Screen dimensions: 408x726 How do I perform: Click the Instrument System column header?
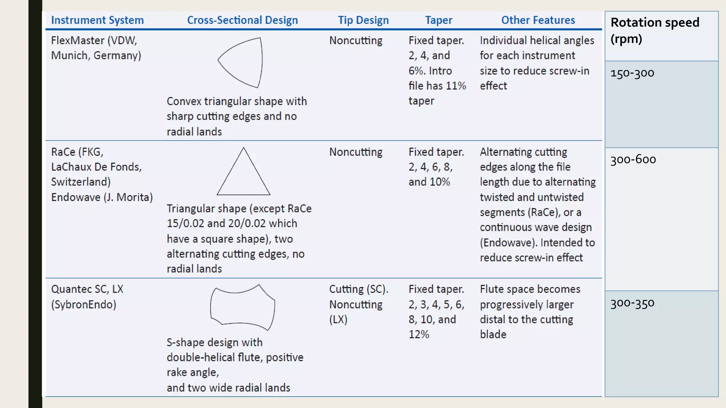(97, 20)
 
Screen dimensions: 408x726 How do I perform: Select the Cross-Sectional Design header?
(242, 20)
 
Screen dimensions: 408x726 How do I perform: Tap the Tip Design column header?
(363, 20)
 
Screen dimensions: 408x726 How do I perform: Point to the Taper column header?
(439, 20)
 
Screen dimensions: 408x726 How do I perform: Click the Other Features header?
(538, 20)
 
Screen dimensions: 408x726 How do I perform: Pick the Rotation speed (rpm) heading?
(654, 30)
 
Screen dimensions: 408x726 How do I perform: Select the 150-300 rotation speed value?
(632, 73)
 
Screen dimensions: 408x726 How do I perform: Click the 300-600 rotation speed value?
(633, 159)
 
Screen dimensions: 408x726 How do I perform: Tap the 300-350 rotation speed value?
(632, 303)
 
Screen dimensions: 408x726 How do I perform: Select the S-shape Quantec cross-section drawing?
(243, 307)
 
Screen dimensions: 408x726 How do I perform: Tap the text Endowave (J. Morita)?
(102, 197)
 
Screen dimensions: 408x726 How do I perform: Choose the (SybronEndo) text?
(84, 305)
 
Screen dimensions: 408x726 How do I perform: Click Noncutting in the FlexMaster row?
(356, 41)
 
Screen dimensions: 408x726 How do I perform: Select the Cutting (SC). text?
(358, 289)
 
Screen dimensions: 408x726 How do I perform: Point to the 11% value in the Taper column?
(456, 86)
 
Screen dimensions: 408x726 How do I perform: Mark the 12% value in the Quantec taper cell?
(419, 334)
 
